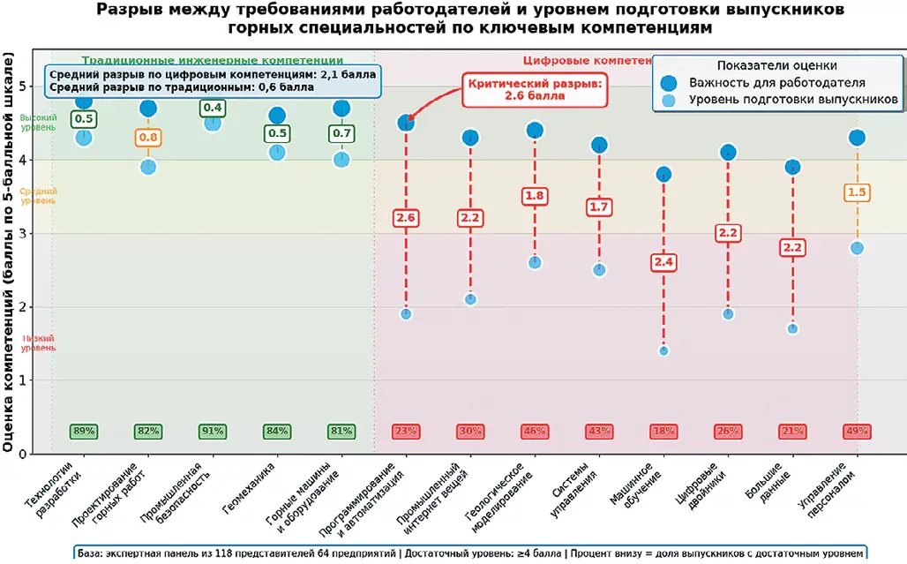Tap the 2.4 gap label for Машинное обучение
pyautogui.click(x=663, y=262)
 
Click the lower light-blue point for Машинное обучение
pyautogui.click(x=663, y=350)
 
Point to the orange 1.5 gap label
pyautogui.click(x=856, y=192)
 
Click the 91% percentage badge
pyautogui.click(x=213, y=432)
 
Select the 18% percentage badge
pyautogui.click(x=663, y=432)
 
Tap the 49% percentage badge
pyautogui.click(x=856, y=432)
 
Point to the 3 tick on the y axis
pyautogui.click(x=33, y=234)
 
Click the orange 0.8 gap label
pyautogui.click(x=148, y=138)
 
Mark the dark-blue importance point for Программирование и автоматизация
pyautogui.click(x=406, y=123)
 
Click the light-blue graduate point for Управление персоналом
pyautogui.click(x=856, y=248)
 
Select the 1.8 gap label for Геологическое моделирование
pyautogui.click(x=535, y=196)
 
